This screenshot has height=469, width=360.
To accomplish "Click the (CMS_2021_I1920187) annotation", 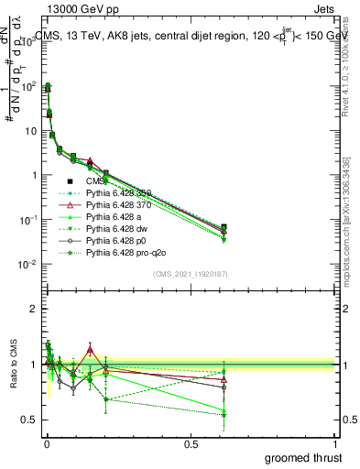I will click(191, 273).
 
